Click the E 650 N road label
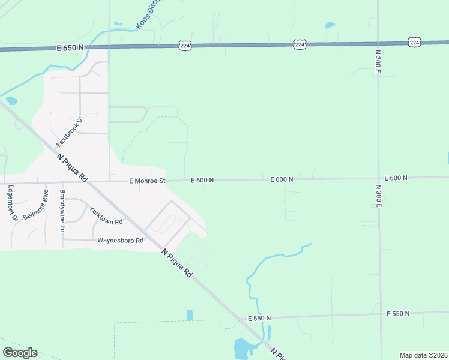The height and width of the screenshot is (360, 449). point(70,47)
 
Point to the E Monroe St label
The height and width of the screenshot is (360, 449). point(146,180)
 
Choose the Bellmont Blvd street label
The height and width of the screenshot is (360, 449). point(36,205)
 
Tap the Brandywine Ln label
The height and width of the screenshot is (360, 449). point(62,211)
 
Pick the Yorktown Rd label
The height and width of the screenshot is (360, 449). point(106,215)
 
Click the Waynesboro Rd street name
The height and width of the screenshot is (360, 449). point(121,241)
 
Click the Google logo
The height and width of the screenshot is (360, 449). point(20,353)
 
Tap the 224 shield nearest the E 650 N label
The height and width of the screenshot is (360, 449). point(185,45)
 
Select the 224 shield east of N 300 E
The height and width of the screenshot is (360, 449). point(414,42)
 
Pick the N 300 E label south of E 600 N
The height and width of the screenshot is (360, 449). point(378,196)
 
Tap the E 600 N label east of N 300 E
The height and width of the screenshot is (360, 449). point(396,178)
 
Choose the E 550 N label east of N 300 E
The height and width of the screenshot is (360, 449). point(398,314)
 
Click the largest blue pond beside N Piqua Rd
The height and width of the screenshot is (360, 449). point(243,347)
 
